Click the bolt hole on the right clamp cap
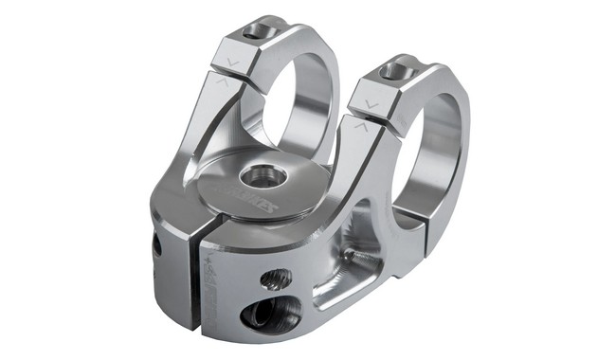397,69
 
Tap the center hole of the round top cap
262,175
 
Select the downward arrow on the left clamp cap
232,63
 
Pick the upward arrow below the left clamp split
221,83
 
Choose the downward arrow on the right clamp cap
371,104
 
